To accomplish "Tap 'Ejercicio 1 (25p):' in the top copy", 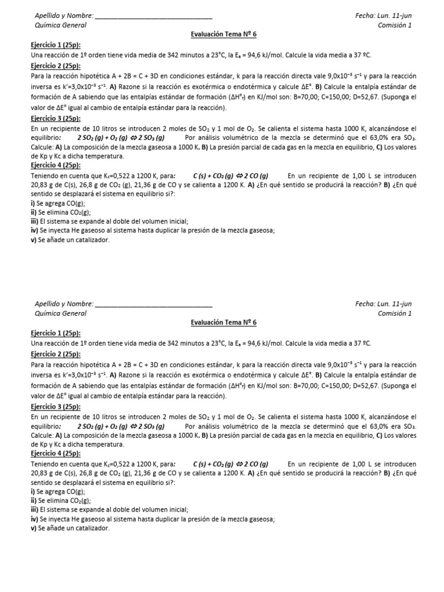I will click(x=55, y=45).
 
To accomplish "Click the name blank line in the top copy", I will click(x=153, y=16).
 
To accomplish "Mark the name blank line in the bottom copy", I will click(x=153, y=304).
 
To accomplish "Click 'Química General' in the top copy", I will click(x=61, y=25).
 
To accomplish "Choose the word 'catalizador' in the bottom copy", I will click(x=92, y=528).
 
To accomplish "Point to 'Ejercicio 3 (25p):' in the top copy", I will click(x=55, y=117).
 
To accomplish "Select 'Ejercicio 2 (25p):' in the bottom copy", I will click(x=55, y=353).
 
